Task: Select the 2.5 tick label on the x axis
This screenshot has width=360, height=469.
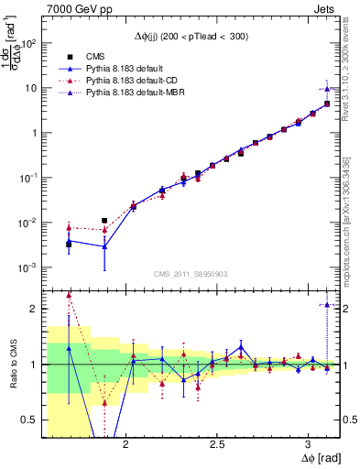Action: click(x=216, y=442)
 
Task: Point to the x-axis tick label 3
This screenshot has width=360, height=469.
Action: click(x=309, y=442)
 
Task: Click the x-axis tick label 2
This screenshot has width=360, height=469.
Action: click(x=124, y=442)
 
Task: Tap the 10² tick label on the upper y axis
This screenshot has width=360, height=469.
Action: click(x=29, y=43)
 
